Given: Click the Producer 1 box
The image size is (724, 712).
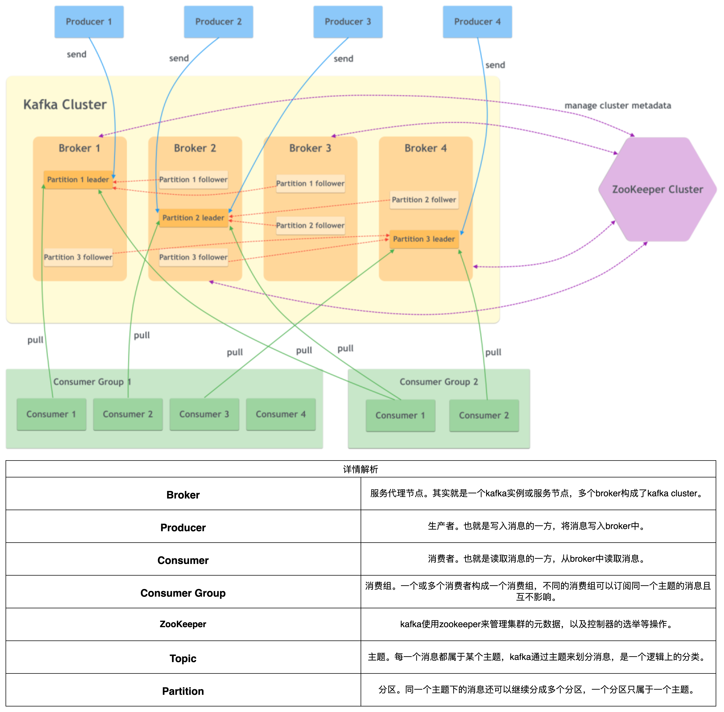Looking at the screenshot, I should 89,22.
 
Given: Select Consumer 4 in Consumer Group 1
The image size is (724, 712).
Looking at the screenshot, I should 281,414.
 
